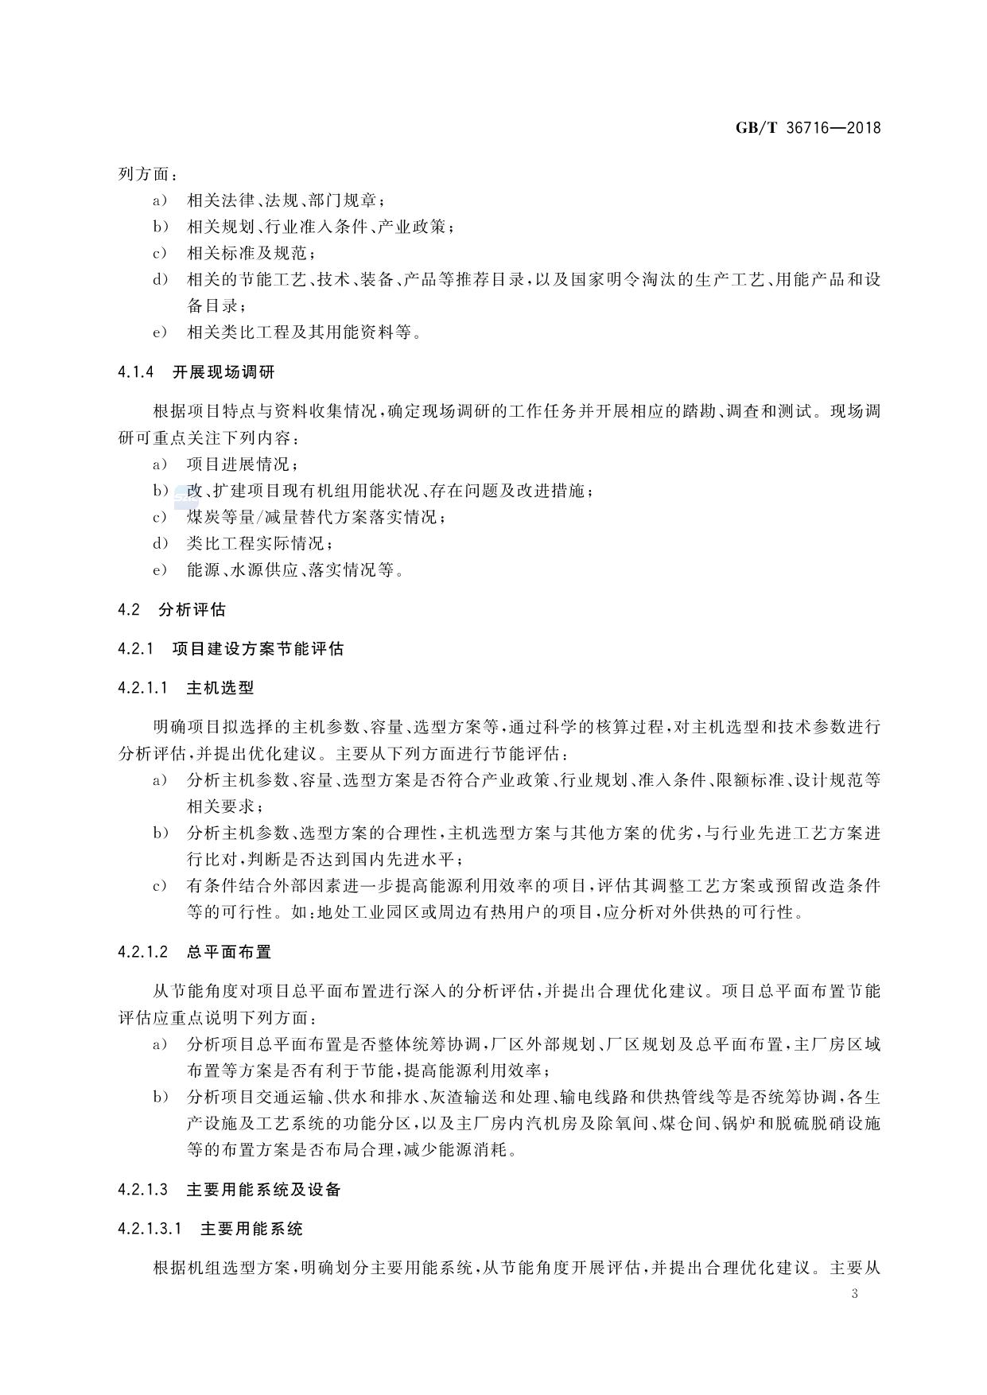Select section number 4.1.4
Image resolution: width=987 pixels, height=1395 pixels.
[x=135, y=372]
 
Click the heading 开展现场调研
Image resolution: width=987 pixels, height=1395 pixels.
[x=223, y=372]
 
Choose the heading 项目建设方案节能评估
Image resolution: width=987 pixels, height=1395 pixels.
[x=258, y=649]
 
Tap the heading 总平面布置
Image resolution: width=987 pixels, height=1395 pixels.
[x=228, y=952]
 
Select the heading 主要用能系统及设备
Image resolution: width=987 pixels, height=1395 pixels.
[x=263, y=1190]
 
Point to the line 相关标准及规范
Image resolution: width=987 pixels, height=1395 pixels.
[x=251, y=254]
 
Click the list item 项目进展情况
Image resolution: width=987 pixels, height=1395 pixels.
[x=243, y=464]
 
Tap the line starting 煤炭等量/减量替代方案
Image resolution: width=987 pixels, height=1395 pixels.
[x=316, y=518]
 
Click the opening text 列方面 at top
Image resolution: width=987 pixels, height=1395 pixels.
[x=148, y=174]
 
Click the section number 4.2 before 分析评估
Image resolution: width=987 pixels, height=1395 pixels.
[x=129, y=610]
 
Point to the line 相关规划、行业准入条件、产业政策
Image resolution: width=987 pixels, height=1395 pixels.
[x=320, y=227]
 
